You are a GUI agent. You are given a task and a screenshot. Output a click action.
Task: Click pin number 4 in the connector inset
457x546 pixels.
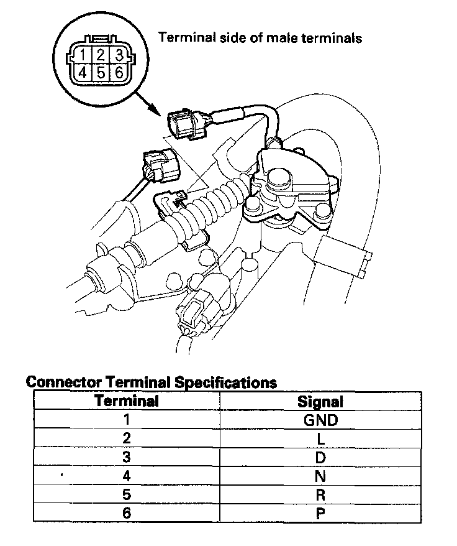coord(83,72)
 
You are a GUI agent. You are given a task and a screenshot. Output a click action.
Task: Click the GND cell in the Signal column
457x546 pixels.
coord(320,420)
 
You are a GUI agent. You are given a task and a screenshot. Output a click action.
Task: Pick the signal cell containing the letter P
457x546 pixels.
coord(320,514)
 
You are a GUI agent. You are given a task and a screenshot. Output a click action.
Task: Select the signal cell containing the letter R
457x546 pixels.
coord(320,495)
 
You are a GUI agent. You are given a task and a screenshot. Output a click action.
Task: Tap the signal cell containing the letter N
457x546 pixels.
coord(320,476)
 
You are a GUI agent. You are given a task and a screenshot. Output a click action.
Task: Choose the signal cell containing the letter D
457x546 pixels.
coord(320,458)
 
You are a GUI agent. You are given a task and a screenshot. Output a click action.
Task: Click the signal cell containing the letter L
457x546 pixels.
coord(320,439)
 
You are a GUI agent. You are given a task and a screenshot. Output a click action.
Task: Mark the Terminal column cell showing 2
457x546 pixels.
coord(127,439)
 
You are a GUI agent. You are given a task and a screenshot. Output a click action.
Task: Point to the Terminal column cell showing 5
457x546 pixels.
coord(127,495)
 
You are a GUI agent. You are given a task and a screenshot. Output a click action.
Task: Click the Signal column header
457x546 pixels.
coord(320,401)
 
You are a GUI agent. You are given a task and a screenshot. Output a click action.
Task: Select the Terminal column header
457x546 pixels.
coord(127,401)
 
